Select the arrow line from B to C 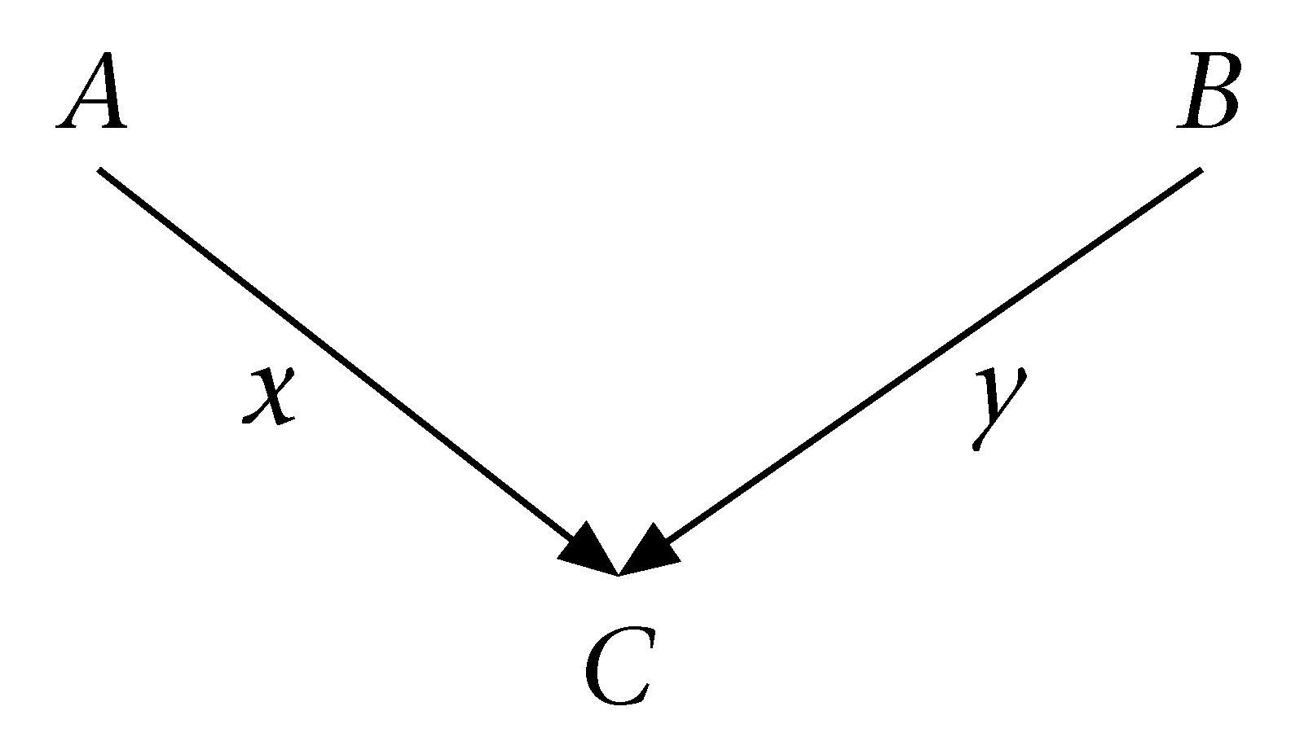[x=929, y=358]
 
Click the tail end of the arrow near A [x=100, y=170]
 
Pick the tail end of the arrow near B [x=1200, y=170]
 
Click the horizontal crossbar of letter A [x=91, y=101]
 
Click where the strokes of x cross [x=270, y=394]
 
